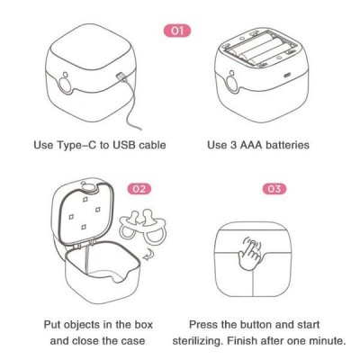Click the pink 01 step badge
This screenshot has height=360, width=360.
pyautogui.click(x=177, y=31)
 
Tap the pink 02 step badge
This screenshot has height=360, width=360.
pyautogui.click(x=139, y=189)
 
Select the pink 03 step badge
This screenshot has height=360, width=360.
pyautogui.click(x=274, y=189)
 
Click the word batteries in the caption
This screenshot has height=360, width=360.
pyautogui.click(x=287, y=145)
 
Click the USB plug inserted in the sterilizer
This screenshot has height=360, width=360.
pyautogui.click(x=121, y=76)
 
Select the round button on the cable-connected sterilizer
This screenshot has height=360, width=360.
pyautogui.click(x=66, y=85)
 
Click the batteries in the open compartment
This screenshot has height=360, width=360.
pyautogui.click(x=259, y=49)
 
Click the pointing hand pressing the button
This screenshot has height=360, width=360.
pyautogui.click(x=251, y=252)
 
